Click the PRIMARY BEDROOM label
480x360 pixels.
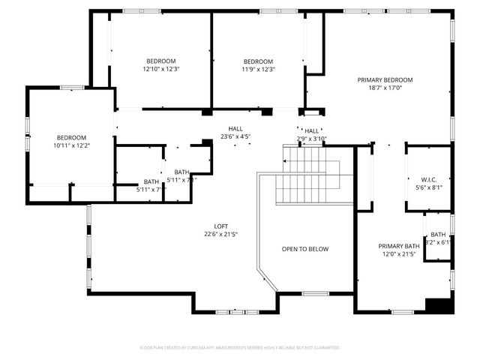(x=385, y=79)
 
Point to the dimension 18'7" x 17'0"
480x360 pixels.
(x=385, y=87)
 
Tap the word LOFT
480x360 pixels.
(x=221, y=226)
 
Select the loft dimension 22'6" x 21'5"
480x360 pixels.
(x=221, y=234)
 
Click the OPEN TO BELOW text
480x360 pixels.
(x=304, y=249)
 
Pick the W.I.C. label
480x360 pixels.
(x=428, y=180)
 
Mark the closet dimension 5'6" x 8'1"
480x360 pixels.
(x=428, y=187)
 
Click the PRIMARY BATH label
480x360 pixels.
(x=398, y=247)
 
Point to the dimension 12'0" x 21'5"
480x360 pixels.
(x=398, y=254)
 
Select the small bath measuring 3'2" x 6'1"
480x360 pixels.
(x=438, y=238)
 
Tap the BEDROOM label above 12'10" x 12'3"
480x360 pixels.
(x=160, y=61)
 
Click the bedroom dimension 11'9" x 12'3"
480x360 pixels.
(x=258, y=69)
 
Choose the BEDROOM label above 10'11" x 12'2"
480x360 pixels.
(x=71, y=137)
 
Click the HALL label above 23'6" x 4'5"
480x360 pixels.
(x=235, y=129)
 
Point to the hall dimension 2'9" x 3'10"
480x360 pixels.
(x=312, y=139)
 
